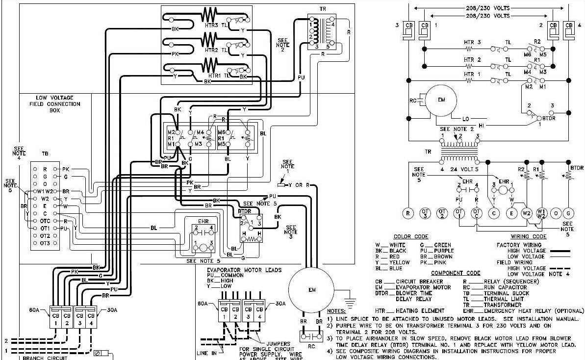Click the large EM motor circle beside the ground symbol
311,290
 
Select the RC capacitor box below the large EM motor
312,337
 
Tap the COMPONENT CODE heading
456,273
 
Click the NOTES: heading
336,311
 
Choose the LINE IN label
206,353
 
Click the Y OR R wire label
299,185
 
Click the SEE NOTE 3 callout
291,231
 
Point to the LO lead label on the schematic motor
466,119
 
